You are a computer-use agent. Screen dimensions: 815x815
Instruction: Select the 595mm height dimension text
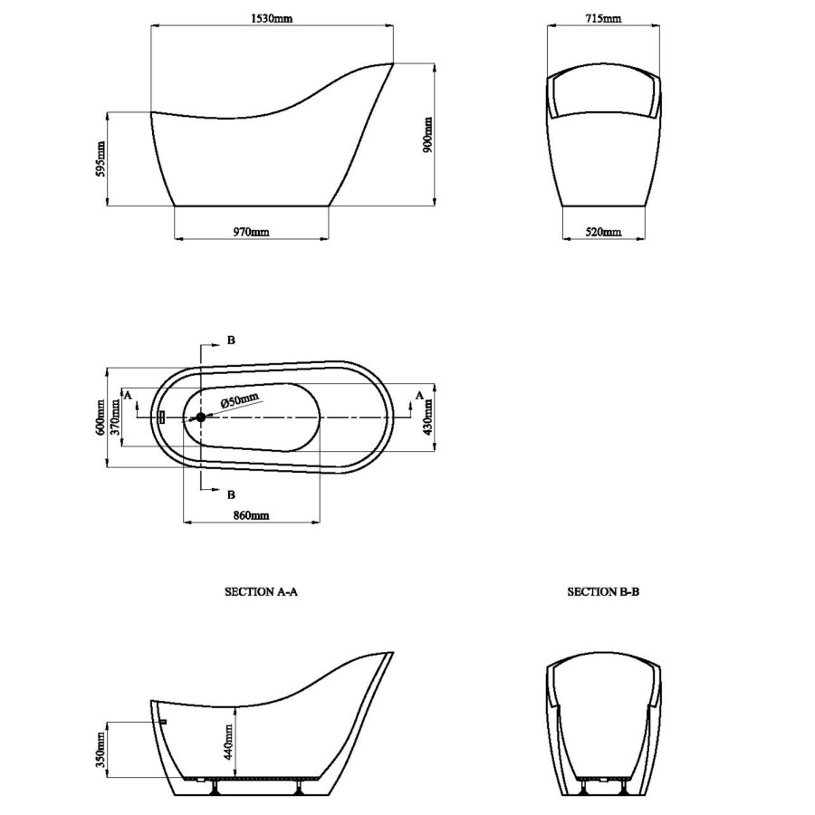click(x=101, y=158)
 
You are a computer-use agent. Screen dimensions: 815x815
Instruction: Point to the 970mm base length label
click(x=251, y=233)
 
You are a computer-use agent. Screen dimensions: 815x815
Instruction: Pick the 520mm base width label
click(x=603, y=233)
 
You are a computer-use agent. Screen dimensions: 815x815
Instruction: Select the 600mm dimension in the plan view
click(x=101, y=417)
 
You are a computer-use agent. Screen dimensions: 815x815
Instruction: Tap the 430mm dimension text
click(x=427, y=417)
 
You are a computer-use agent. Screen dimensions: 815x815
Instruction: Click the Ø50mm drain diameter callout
click(x=241, y=400)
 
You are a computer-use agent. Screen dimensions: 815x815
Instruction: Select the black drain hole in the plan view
click(x=201, y=417)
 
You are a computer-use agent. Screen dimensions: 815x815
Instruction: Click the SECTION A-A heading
click(x=262, y=592)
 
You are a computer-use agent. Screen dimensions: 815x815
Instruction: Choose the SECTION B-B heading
click(x=603, y=592)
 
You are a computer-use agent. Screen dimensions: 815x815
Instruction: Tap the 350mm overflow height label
click(x=101, y=751)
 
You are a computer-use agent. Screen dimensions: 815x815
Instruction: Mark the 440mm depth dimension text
click(x=229, y=741)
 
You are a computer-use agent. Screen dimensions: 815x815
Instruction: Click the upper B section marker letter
click(x=232, y=340)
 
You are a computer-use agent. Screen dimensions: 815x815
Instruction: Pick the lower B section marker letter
click(x=232, y=494)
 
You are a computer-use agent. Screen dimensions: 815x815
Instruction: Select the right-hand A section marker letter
click(x=419, y=395)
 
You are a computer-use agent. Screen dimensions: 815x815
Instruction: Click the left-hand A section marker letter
click(x=128, y=395)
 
